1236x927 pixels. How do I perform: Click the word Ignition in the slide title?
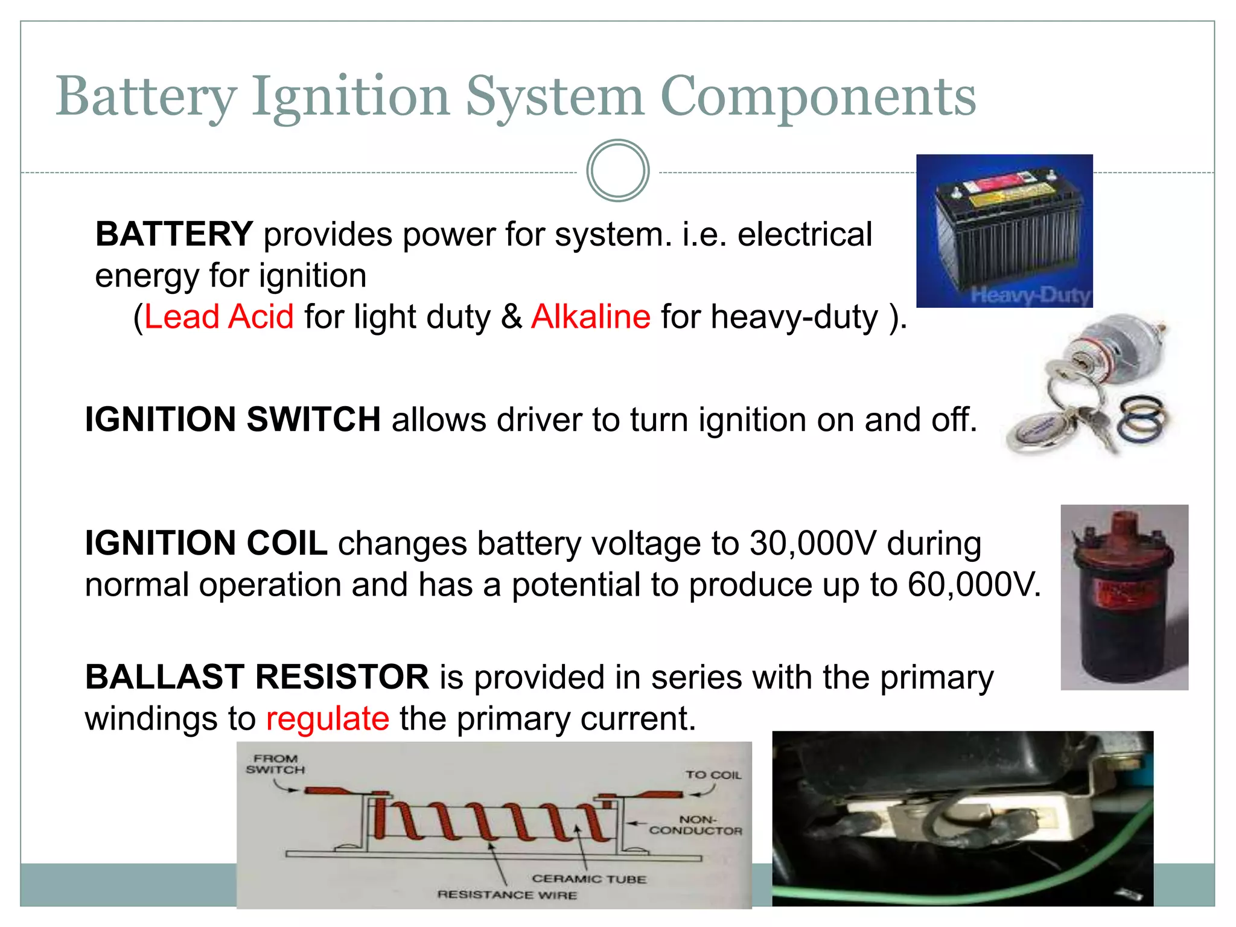click(x=351, y=97)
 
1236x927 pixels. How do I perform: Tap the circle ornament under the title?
click(x=617, y=171)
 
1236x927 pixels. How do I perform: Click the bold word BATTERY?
click(x=174, y=234)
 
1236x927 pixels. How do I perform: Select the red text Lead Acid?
click(x=219, y=317)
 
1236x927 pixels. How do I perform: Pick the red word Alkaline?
click(x=591, y=317)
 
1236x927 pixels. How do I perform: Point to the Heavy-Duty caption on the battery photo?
click(x=1031, y=295)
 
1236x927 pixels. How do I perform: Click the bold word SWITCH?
click(x=313, y=419)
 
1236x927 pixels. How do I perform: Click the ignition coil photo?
click(x=1124, y=597)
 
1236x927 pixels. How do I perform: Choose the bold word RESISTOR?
click(x=342, y=677)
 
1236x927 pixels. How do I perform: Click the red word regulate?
click(x=327, y=719)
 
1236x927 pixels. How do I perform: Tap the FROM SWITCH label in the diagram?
click(x=275, y=764)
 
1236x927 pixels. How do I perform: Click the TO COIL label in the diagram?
click(x=713, y=775)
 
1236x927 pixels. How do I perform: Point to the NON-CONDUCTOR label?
click(x=696, y=825)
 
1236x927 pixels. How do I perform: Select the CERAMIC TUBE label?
click(x=588, y=879)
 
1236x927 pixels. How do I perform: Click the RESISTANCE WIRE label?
click(x=507, y=894)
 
